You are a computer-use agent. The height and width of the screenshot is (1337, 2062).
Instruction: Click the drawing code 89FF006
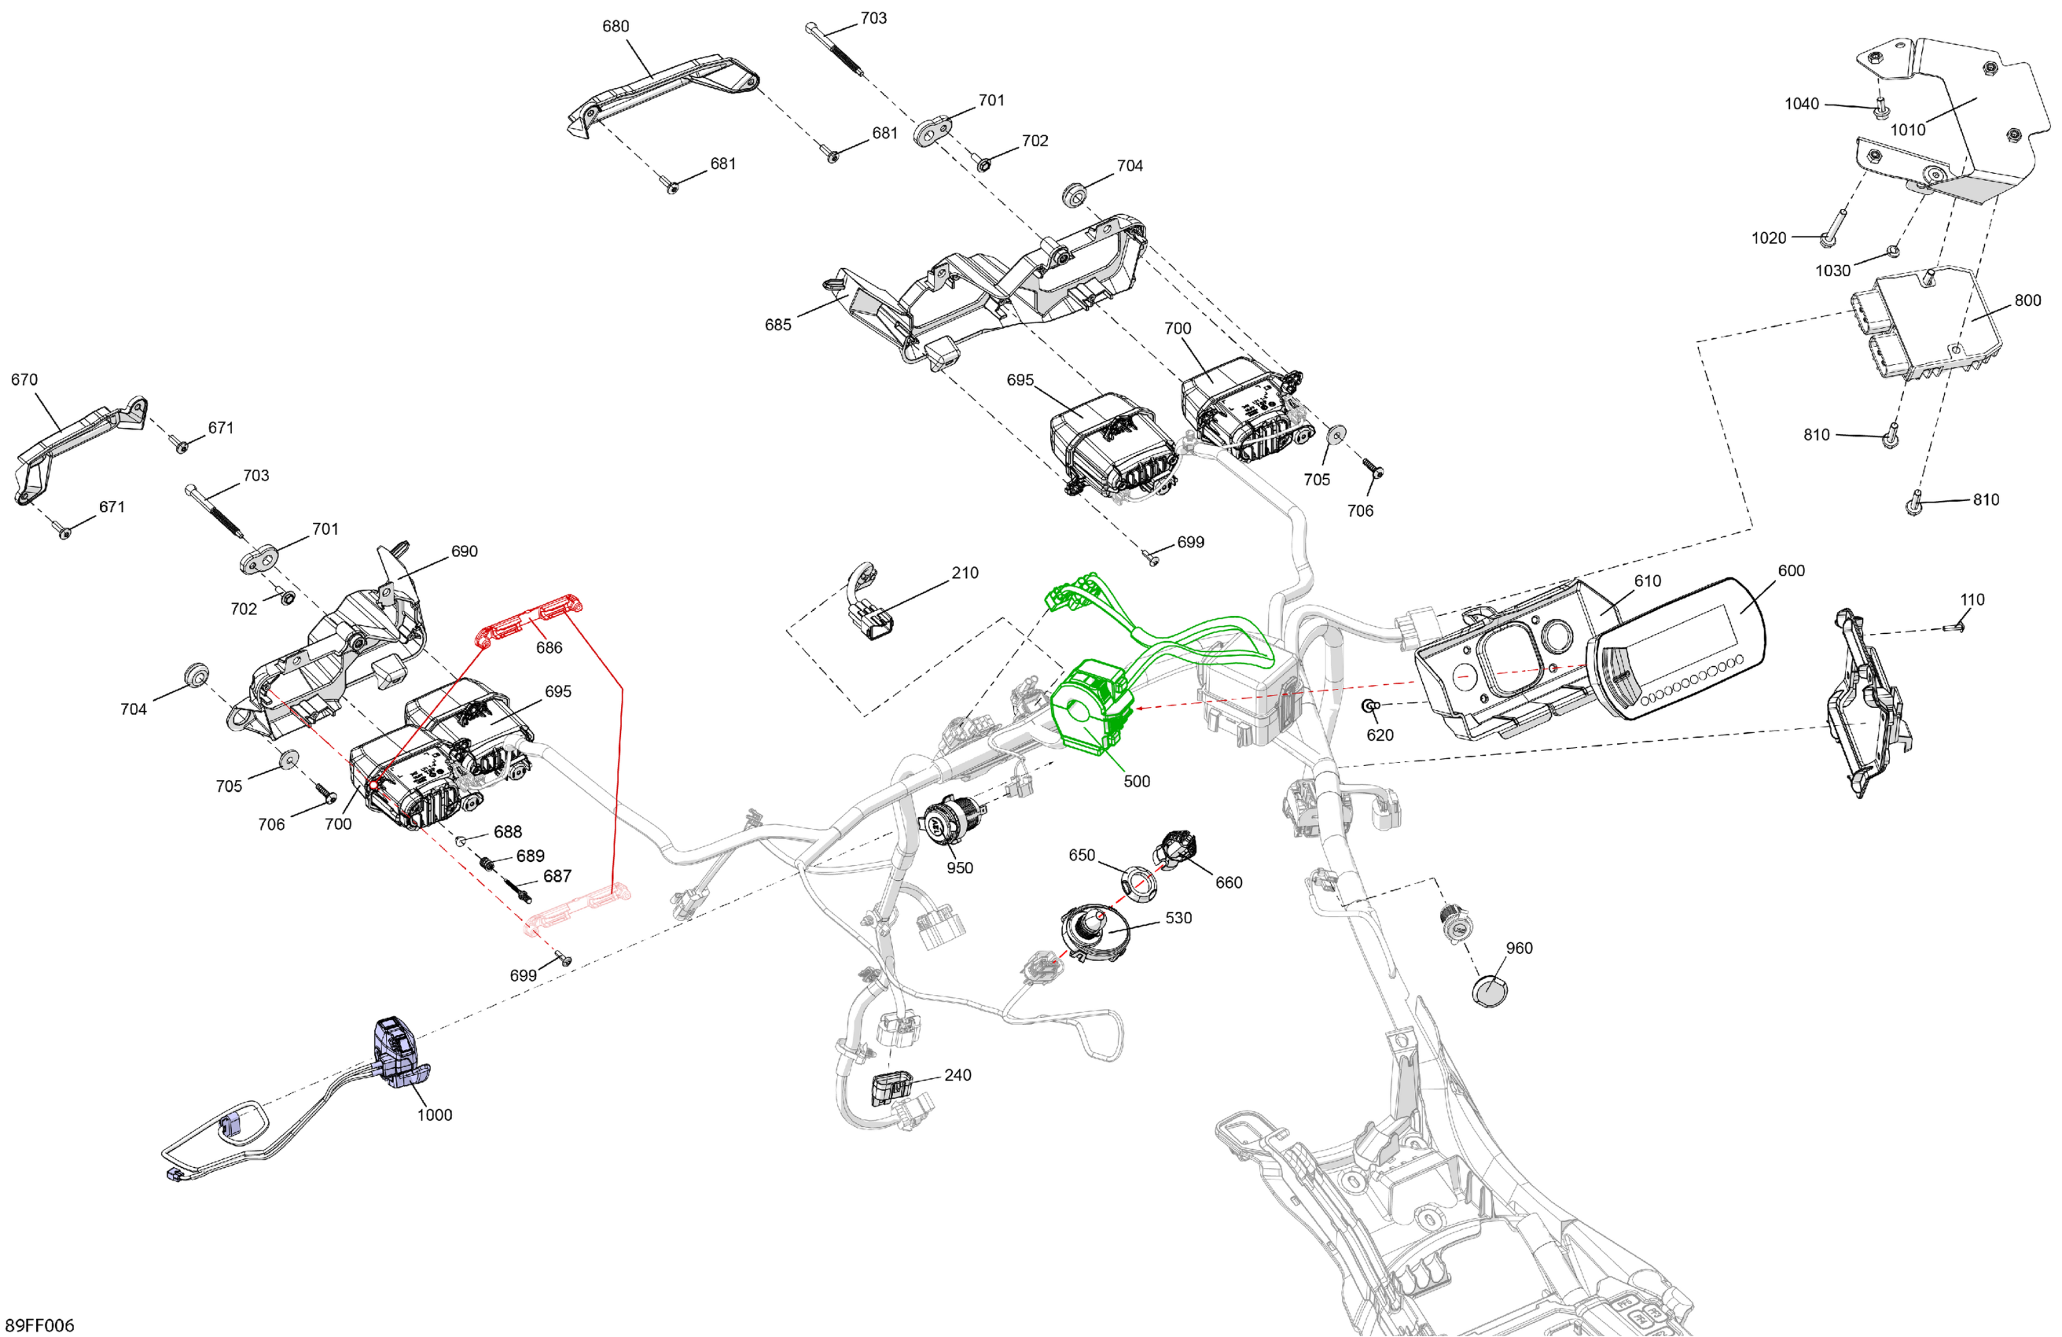(40, 1325)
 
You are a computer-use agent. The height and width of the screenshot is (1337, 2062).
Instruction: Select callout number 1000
(434, 1114)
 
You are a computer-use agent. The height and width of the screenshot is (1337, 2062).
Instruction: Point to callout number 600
(1791, 570)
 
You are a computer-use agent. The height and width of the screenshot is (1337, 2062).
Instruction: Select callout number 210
(965, 573)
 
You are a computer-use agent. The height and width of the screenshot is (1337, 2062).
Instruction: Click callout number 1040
(1801, 104)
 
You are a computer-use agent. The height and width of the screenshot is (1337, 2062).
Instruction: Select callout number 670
(24, 380)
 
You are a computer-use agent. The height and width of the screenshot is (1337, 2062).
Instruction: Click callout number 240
(957, 1074)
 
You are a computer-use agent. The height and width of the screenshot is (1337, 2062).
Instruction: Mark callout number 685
(777, 325)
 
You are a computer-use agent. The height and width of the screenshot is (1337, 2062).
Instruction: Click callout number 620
(1380, 735)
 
